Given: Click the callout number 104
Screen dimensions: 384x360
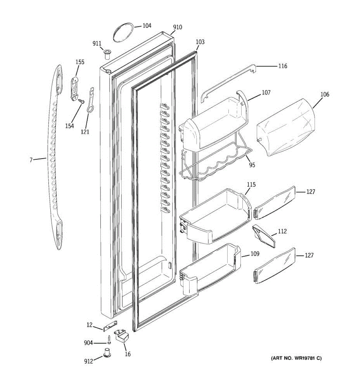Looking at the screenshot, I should click(147, 26).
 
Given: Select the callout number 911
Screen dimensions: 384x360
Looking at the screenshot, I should click(97, 44).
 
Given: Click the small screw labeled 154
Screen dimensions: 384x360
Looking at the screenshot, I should click(81, 102).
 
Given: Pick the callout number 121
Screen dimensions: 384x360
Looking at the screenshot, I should click(85, 131).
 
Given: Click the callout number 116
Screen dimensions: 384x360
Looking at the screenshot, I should click(283, 66).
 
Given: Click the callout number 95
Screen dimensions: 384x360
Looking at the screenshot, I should click(252, 165).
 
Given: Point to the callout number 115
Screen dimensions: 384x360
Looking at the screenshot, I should click(251, 185).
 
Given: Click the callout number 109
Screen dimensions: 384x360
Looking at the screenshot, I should click(255, 254).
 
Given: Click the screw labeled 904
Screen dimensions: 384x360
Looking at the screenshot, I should click(109, 338).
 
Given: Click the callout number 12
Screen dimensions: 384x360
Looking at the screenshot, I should click(90, 325).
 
